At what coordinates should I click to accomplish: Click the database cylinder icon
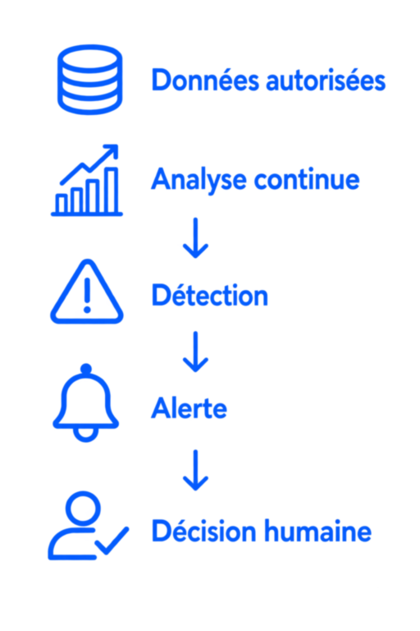pos(89,79)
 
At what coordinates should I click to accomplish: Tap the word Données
pos(205,80)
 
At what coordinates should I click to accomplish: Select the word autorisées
pos(326,80)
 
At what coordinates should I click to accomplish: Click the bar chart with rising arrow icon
pos(87,180)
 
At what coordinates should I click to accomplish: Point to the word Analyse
pos(199,181)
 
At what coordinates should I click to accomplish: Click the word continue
pos(307,179)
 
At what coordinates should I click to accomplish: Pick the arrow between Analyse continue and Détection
pos(195,237)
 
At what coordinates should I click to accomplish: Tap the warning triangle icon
pos(87,292)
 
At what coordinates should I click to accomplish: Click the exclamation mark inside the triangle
pos(87,295)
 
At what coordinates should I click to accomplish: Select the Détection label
pos(209,296)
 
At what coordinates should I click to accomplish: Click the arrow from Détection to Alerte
pos(195,352)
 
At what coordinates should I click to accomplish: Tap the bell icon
pos(86,403)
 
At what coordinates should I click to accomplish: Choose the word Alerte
pos(189,408)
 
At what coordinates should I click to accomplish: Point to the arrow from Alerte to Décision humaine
pos(195,470)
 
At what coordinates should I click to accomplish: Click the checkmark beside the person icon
pos(112,541)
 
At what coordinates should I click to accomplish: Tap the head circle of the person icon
pos(83,508)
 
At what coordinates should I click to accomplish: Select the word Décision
pos(203,532)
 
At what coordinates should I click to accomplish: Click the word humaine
pos(317,532)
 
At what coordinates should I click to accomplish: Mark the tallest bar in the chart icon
pos(112,190)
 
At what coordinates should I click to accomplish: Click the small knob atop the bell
pos(86,369)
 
